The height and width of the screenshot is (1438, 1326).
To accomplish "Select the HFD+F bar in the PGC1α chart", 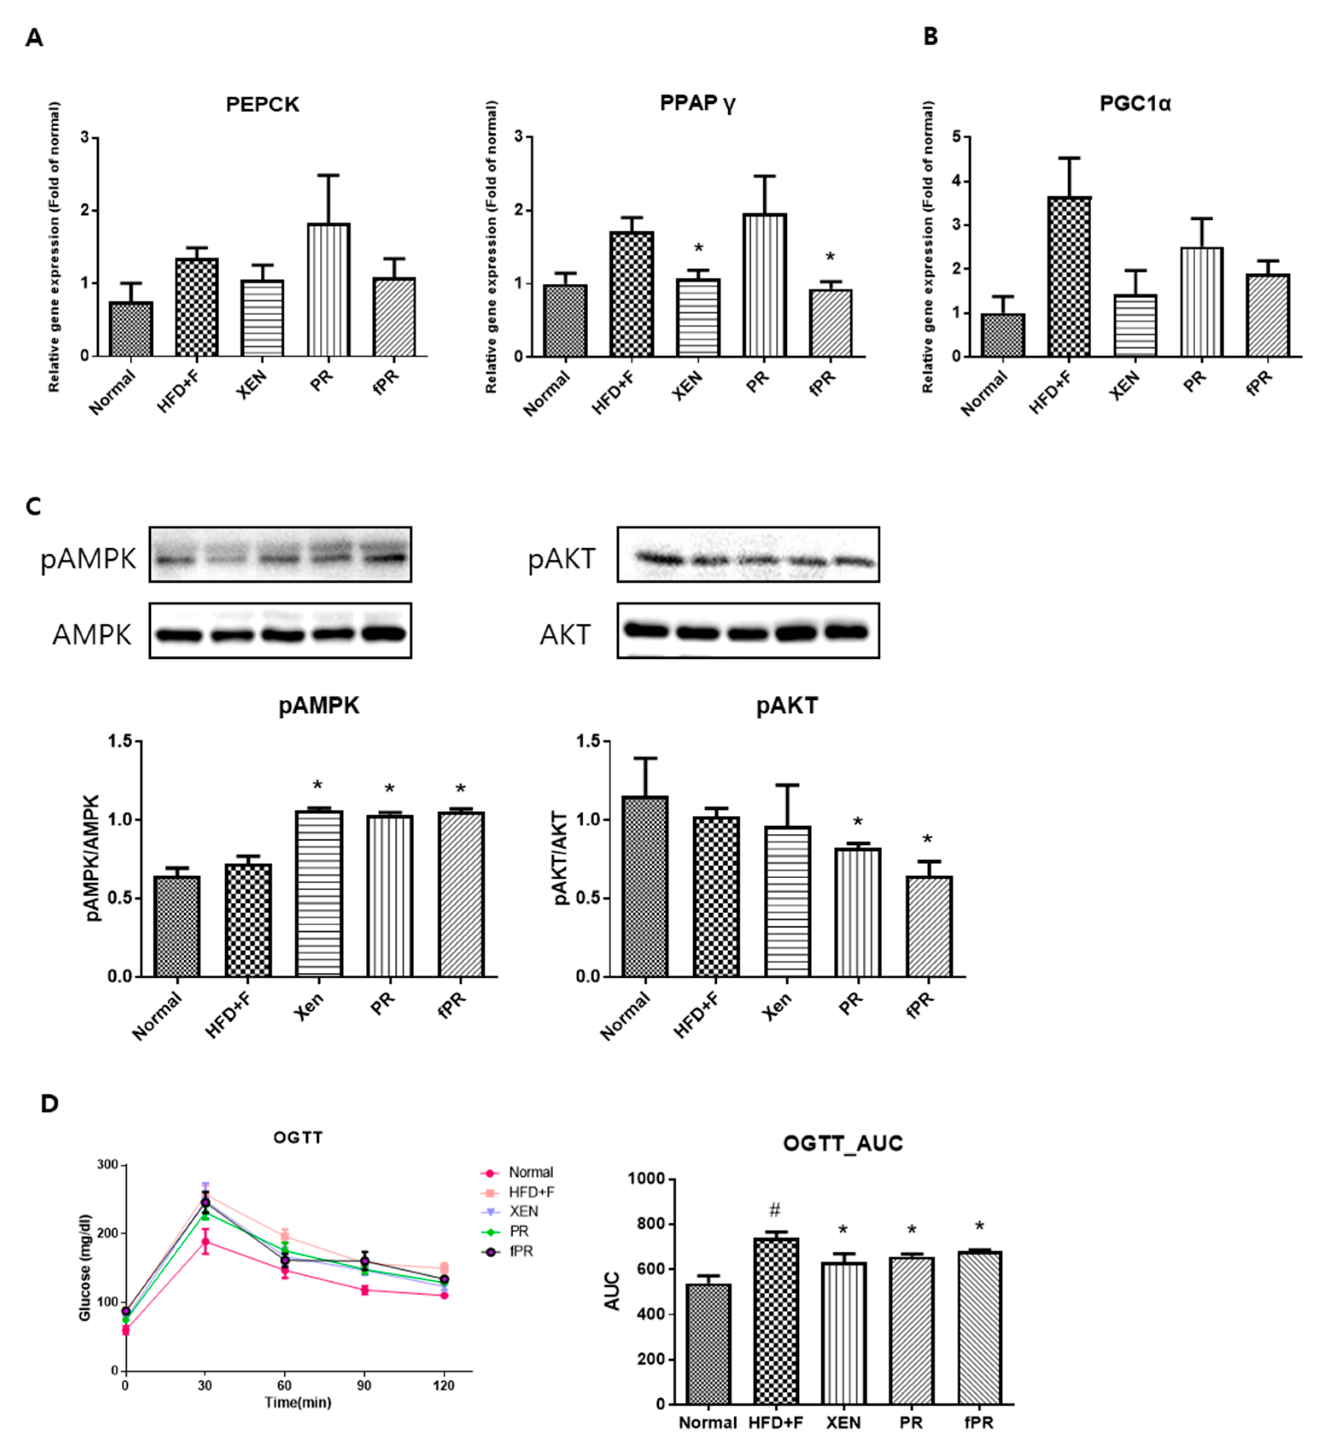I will [x=1069, y=276].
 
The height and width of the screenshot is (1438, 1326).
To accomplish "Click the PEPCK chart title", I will [x=263, y=105].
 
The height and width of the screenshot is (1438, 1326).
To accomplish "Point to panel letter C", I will [x=33, y=507].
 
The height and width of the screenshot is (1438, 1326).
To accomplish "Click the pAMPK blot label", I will [x=88, y=558].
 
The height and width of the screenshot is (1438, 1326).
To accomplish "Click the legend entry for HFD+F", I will [x=531, y=1192].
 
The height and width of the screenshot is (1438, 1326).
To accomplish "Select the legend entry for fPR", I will [x=520, y=1251].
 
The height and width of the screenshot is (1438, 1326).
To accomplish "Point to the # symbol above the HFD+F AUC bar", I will [x=774, y=1210].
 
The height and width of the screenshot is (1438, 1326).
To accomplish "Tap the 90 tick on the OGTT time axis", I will [x=365, y=1385].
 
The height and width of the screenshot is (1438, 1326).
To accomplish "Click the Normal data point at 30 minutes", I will [x=205, y=1242].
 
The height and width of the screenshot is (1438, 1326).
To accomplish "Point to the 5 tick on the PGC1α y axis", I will [x=956, y=137].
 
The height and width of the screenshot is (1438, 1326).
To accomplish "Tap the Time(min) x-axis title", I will [x=298, y=1402].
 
